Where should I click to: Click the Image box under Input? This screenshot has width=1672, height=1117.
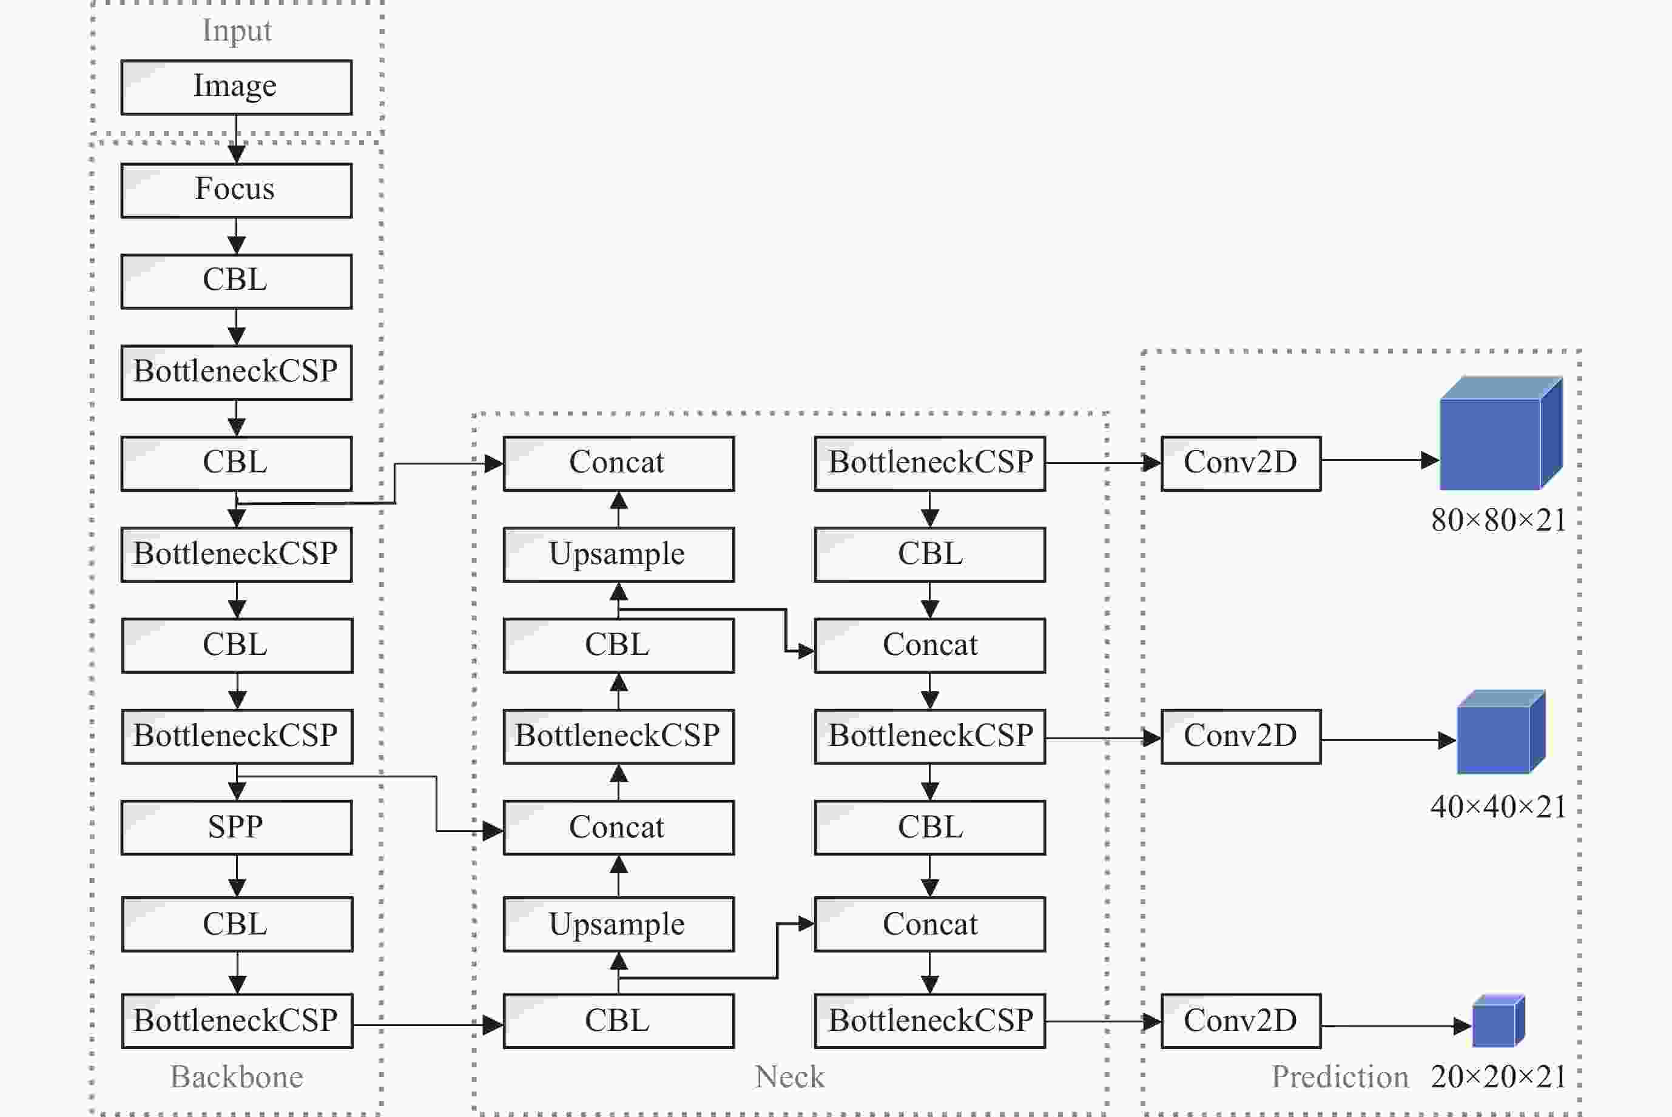tap(237, 87)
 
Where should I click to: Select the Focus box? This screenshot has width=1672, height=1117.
tap(237, 190)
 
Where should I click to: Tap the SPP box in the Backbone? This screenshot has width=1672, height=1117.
tap(237, 827)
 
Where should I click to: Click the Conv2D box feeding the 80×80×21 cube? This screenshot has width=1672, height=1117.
tap(1241, 463)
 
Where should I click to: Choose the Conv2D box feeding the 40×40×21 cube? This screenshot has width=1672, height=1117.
tap(1241, 737)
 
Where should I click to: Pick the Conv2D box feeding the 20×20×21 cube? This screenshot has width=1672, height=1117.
tap(1241, 1021)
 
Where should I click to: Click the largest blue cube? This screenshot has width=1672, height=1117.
tap(1501, 433)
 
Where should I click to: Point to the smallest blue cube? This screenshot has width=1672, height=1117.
tap(1498, 1021)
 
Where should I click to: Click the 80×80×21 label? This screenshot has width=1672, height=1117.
tap(1498, 520)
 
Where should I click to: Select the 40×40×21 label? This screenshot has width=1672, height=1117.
tap(1498, 807)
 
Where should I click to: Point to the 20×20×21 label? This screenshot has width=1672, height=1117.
tap(1498, 1076)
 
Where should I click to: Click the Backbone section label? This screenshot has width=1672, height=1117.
tap(237, 1076)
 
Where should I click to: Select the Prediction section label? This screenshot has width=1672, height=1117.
tap(1340, 1076)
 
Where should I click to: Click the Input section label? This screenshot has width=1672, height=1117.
tap(237, 31)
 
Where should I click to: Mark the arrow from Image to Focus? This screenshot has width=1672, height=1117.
tap(237, 139)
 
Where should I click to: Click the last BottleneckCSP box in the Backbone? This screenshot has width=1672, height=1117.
tap(237, 1021)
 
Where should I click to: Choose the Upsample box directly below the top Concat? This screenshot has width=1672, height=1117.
tap(619, 554)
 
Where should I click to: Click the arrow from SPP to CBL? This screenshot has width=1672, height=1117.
tap(237, 876)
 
